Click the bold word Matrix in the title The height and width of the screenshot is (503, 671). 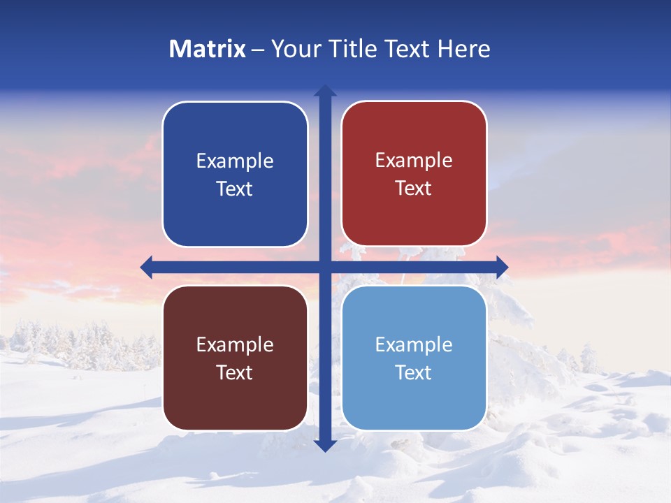(x=207, y=49)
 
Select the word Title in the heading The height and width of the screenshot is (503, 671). (x=347, y=49)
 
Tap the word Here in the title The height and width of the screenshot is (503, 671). (x=463, y=49)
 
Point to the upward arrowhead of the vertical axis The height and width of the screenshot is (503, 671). (x=325, y=91)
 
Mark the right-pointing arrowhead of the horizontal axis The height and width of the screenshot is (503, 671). (x=502, y=267)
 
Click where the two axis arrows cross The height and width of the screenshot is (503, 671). (x=325, y=267)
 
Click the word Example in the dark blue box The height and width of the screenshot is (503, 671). (x=235, y=161)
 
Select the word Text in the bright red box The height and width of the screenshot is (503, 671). (x=414, y=189)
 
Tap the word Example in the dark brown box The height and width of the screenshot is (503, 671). (x=235, y=345)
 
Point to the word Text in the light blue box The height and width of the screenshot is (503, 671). (x=414, y=372)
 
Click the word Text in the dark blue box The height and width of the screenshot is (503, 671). (x=235, y=189)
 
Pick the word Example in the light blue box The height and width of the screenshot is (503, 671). (x=414, y=345)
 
